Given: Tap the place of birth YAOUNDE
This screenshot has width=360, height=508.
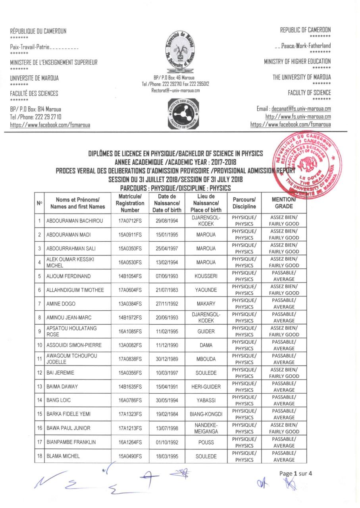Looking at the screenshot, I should point(206,290).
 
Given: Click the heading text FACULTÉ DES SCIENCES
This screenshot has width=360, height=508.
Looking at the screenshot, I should point(34,94).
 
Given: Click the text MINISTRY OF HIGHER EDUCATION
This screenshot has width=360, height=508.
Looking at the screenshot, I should point(297,62).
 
